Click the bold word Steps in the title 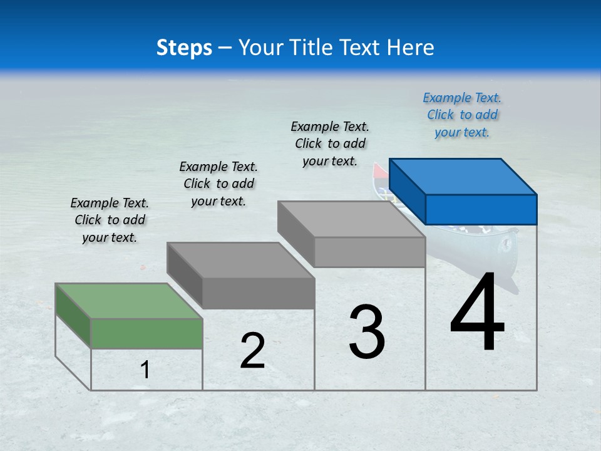pos(184,48)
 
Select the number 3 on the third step pos(367,332)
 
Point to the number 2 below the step pos(252,351)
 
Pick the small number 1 pos(145,370)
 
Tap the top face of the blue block pos(463,176)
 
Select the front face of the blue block pos(481,209)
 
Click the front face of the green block pos(146,333)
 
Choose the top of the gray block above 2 pos(241,260)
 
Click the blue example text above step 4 pos(462,115)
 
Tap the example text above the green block pos(110,220)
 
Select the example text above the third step pos(330,143)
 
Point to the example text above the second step pos(218,184)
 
